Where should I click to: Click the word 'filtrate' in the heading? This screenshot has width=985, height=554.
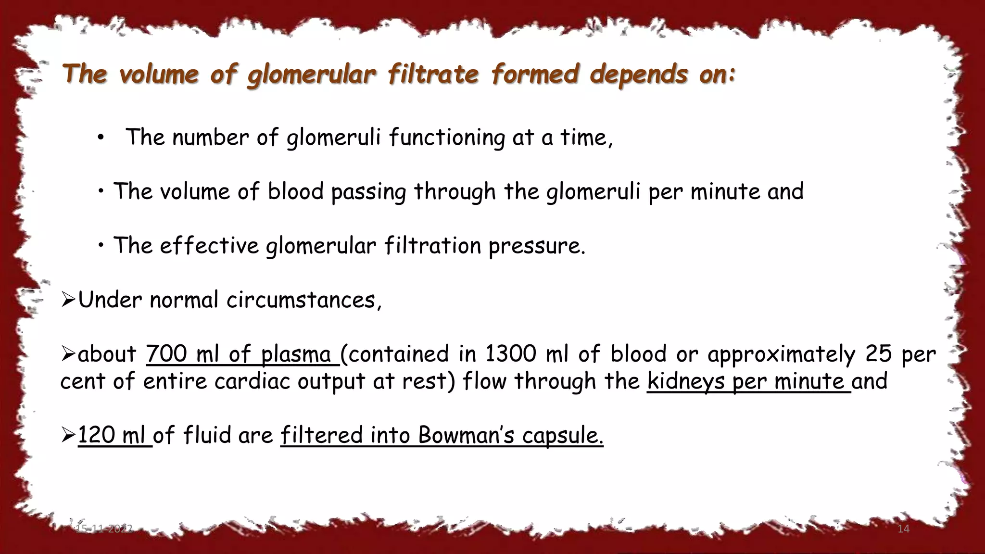[x=433, y=75]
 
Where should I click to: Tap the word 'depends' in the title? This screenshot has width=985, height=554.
[x=639, y=75]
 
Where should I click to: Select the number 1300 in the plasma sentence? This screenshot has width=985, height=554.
[x=510, y=354]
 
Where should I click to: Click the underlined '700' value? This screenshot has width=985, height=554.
[x=166, y=354]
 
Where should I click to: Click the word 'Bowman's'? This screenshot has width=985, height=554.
[x=466, y=435]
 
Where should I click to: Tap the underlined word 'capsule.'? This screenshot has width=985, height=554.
[x=562, y=435]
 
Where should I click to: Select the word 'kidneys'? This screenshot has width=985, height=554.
[x=685, y=381]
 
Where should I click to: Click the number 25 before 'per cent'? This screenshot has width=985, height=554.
[x=879, y=354]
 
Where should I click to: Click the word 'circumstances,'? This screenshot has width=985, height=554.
[x=304, y=300]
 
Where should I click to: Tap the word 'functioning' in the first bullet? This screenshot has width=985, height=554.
[x=447, y=138]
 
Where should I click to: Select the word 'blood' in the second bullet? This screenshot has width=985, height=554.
[x=295, y=191]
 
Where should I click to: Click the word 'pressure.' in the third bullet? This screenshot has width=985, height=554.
[x=537, y=246]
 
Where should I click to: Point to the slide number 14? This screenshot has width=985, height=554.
[x=903, y=529]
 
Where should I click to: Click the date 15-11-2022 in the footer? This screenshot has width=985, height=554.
[x=104, y=529]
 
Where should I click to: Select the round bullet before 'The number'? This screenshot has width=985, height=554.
[x=100, y=138]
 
